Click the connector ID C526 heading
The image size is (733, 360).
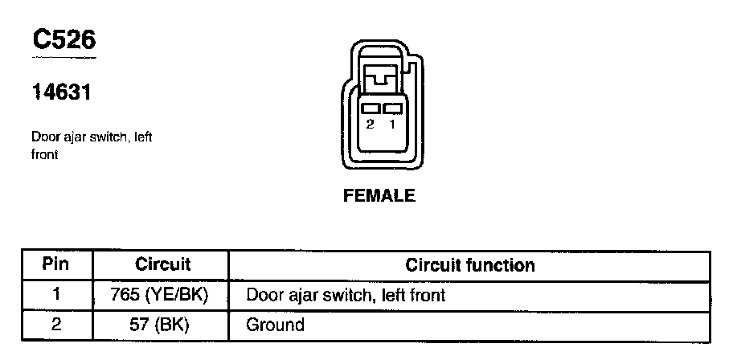[63, 39]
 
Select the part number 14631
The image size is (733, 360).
[60, 92]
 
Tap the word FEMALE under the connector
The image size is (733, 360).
[379, 195]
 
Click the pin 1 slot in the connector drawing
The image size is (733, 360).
[392, 108]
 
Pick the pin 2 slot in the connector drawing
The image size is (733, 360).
[371, 108]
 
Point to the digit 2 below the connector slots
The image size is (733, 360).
[370, 125]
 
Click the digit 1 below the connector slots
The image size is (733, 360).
[392, 125]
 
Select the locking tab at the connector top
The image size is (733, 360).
[380, 79]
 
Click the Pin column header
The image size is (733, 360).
[56, 264]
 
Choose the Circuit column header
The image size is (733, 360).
[162, 264]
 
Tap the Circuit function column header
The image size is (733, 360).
[470, 264]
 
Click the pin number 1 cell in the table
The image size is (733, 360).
[56, 295]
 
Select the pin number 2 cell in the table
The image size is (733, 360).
[56, 325]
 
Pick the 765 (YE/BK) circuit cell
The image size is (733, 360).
[162, 295]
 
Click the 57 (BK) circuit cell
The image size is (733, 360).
[162, 325]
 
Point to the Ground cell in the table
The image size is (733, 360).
[276, 325]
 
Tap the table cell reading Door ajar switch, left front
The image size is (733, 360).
[346, 295]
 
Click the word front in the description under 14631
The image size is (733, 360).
[45, 154]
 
